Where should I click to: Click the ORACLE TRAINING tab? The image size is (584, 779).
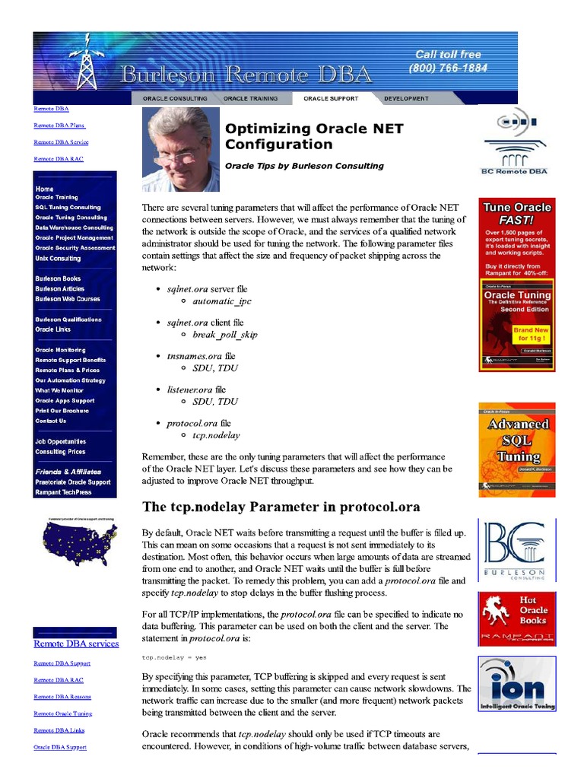pos(250,98)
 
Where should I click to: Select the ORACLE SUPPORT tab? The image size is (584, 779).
pos(330,98)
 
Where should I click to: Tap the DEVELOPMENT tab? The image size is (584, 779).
pos(406,98)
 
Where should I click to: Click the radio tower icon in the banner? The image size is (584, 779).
pos(84,61)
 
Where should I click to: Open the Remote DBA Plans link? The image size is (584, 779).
pos(59,126)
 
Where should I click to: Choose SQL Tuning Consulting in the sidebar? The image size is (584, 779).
pos(68,207)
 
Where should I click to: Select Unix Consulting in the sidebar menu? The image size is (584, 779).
pos(58,258)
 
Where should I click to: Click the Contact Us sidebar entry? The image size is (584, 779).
pos(50,421)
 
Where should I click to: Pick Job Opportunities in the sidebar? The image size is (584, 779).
pos(60,441)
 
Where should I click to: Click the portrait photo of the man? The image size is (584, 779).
pos(181,149)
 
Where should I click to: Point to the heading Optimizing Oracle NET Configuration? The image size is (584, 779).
pos(314,136)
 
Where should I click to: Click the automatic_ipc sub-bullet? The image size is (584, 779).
pos(222,301)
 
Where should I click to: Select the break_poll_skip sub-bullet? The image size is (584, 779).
pos(225,335)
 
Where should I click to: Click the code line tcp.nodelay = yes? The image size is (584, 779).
pos(174,657)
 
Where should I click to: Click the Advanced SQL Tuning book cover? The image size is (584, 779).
pos(517,450)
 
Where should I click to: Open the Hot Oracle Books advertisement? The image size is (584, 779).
pos(517,619)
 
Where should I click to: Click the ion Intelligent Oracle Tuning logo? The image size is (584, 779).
pos(517,684)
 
